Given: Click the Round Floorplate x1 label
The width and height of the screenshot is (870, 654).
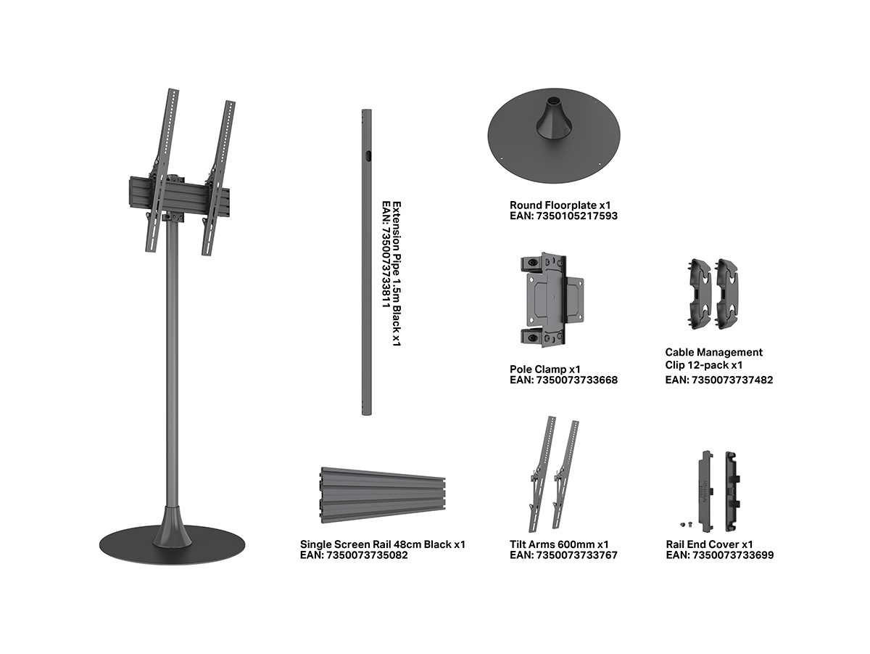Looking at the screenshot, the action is click(560, 205).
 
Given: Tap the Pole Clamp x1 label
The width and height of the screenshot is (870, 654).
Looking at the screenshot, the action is click(545, 369).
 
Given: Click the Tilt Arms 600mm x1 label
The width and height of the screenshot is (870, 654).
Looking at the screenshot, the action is click(559, 544).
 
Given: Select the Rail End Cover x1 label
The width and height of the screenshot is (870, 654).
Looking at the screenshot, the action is click(709, 544).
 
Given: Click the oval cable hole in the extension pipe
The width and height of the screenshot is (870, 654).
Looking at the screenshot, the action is click(368, 155).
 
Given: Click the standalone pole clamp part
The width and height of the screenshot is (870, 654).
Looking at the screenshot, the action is click(552, 300).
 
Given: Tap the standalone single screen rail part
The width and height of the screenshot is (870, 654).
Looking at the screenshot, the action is click(383, 495).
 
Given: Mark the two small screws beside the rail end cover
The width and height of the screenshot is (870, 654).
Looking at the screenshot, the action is click(686, 525).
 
